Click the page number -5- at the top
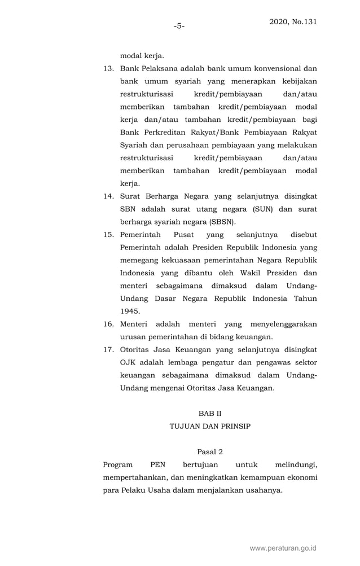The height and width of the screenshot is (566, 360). [179, 25]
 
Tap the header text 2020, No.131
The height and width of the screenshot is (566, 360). [293, 22]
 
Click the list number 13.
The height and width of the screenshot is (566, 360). [108, 68]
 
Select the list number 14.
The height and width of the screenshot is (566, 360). [108, 196]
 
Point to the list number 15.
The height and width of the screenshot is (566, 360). [108, 235]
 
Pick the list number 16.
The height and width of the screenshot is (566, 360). [108, 324]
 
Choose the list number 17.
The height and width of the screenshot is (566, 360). [108, 350]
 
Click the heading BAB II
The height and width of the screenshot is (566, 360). [210, 414]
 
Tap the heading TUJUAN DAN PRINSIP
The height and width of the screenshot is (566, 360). [210, 427]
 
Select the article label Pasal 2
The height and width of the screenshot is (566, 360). [210, 452]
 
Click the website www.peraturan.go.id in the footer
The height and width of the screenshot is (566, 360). [283, 548]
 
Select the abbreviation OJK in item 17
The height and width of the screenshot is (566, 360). [129, 363]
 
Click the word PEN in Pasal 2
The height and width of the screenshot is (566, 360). [158, 465]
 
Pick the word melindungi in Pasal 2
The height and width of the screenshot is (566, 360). [296, 465]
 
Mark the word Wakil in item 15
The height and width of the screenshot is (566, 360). [245, 273]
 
